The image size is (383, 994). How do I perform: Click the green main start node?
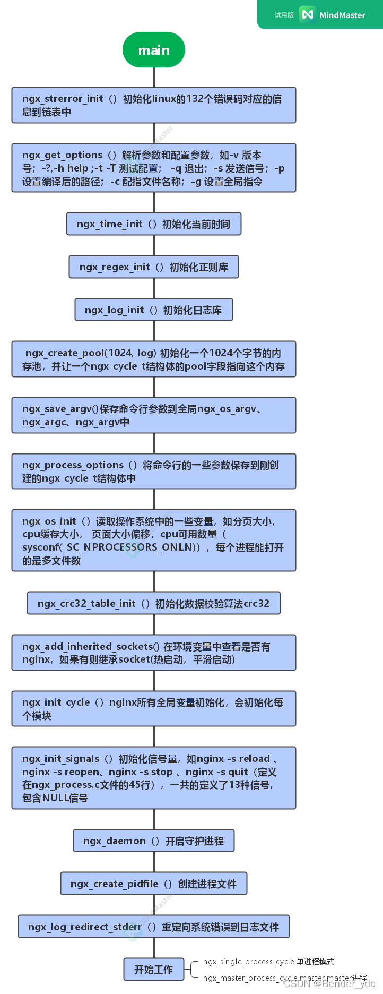154,50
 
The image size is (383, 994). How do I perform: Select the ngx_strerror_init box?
154,105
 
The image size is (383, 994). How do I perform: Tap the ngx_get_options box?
154,168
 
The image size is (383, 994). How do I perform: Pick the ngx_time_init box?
154,224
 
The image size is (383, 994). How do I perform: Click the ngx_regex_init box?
154,267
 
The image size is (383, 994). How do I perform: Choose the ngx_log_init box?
154,310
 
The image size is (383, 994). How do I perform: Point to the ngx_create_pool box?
154,359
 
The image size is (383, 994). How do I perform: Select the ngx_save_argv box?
154,415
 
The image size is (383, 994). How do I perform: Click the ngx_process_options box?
154,472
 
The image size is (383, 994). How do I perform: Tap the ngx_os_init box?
154,541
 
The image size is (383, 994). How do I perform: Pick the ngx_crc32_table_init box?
154,603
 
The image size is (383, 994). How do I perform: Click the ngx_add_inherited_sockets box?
154,653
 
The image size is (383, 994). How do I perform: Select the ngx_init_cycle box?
154,709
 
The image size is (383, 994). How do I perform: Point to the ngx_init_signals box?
154,778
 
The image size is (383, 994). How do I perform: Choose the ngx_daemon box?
154,841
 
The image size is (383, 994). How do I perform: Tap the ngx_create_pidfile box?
154,884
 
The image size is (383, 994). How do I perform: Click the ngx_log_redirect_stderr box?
154,927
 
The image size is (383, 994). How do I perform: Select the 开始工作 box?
154,970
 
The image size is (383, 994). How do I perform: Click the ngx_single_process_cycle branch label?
268,962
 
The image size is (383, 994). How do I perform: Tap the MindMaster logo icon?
307,15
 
